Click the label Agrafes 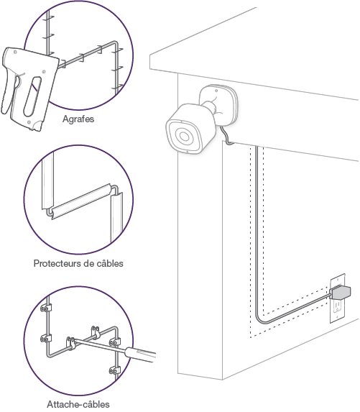78,119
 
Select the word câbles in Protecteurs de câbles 110,263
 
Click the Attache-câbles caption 78,404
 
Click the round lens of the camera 184,136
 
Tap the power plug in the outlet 341,292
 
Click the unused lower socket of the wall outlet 338,306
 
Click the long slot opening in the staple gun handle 32,96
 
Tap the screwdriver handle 140,354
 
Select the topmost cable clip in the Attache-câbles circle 46,308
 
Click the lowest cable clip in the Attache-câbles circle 114,370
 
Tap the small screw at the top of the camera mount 216,91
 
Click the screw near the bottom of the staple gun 29,122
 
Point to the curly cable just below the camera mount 226,135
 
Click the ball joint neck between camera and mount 209,106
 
